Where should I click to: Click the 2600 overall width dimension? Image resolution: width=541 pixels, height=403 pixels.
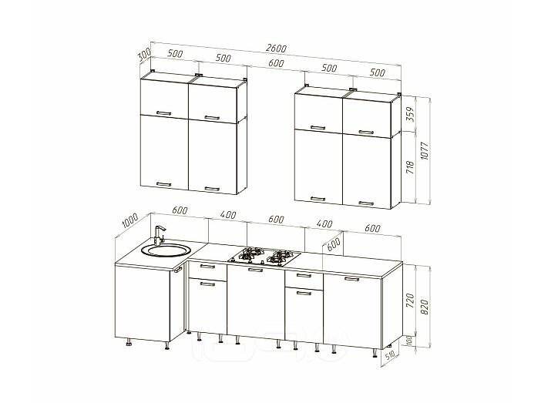click(x=277, y=48)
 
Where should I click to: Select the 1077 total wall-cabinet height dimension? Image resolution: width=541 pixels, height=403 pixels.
click(x=425, y=150)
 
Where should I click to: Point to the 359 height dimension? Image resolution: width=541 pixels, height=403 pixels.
click(x=410, y=113)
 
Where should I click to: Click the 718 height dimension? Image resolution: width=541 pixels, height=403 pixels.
click(x=410, y=166)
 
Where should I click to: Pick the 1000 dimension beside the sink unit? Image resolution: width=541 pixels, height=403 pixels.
click(x=130, y=220)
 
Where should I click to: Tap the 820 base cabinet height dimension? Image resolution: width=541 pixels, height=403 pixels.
click(x=425, y=307)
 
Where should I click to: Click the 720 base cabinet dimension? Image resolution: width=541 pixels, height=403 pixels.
click(x=410, y=301)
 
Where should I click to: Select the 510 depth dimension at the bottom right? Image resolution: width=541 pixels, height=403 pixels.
click(x=390, y=356)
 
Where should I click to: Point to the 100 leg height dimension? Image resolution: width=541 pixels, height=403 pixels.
click(x=409, y=341)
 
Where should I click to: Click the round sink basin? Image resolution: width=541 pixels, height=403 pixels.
click(x=166, y=250)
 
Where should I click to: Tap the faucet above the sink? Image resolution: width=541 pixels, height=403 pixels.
click(x=160, y=235)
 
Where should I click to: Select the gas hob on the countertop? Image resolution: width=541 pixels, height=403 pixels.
click(x=264, y=257)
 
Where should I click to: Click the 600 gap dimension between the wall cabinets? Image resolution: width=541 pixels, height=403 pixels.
click(x=276, y=62)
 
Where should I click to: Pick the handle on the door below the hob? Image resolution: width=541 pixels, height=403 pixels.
click(x=255, y=270)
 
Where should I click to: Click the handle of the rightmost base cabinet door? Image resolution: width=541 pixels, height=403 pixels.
click(x=352, y=279)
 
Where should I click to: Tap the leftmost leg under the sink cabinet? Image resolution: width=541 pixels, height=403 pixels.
click(x=129, y=342)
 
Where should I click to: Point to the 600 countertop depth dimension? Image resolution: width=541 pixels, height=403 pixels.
click(x=333, y=244)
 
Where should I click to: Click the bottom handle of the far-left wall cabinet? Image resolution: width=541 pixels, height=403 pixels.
click(x=163, y=184)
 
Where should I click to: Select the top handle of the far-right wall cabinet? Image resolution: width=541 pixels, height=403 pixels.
click(x=366, y=132)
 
